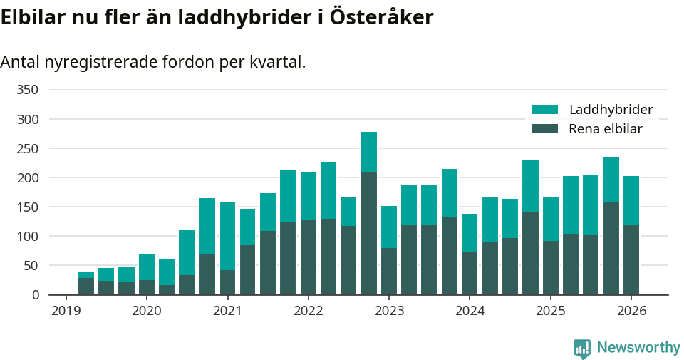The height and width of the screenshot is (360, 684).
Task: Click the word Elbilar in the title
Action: [x=33, y=18]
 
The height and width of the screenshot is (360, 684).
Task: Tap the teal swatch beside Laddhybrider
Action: [x=545, y=110]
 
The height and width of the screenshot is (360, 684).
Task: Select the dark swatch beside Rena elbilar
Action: [x=545, y=129]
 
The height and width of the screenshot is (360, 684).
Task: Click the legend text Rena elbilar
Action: [x=606, y=129]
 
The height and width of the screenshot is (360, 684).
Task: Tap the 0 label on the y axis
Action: [x=35, y=294]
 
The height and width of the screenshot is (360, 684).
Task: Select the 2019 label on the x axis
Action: [x=66, y=311]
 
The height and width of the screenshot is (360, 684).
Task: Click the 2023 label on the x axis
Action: [x=389, y=311]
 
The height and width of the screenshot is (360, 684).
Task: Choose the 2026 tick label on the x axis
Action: [x=631, y=311]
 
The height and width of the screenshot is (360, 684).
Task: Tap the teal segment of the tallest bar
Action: [x=368, y=152]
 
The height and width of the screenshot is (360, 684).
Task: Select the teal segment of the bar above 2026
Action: [x=631, y=200]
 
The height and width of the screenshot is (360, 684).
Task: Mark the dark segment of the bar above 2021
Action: [x=227, y=282]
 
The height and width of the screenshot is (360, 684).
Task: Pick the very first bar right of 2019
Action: [x=86, y=286]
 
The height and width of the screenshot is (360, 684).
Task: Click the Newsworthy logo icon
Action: [x=582, y=348]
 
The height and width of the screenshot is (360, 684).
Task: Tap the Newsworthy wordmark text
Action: [x=638, y=348]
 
